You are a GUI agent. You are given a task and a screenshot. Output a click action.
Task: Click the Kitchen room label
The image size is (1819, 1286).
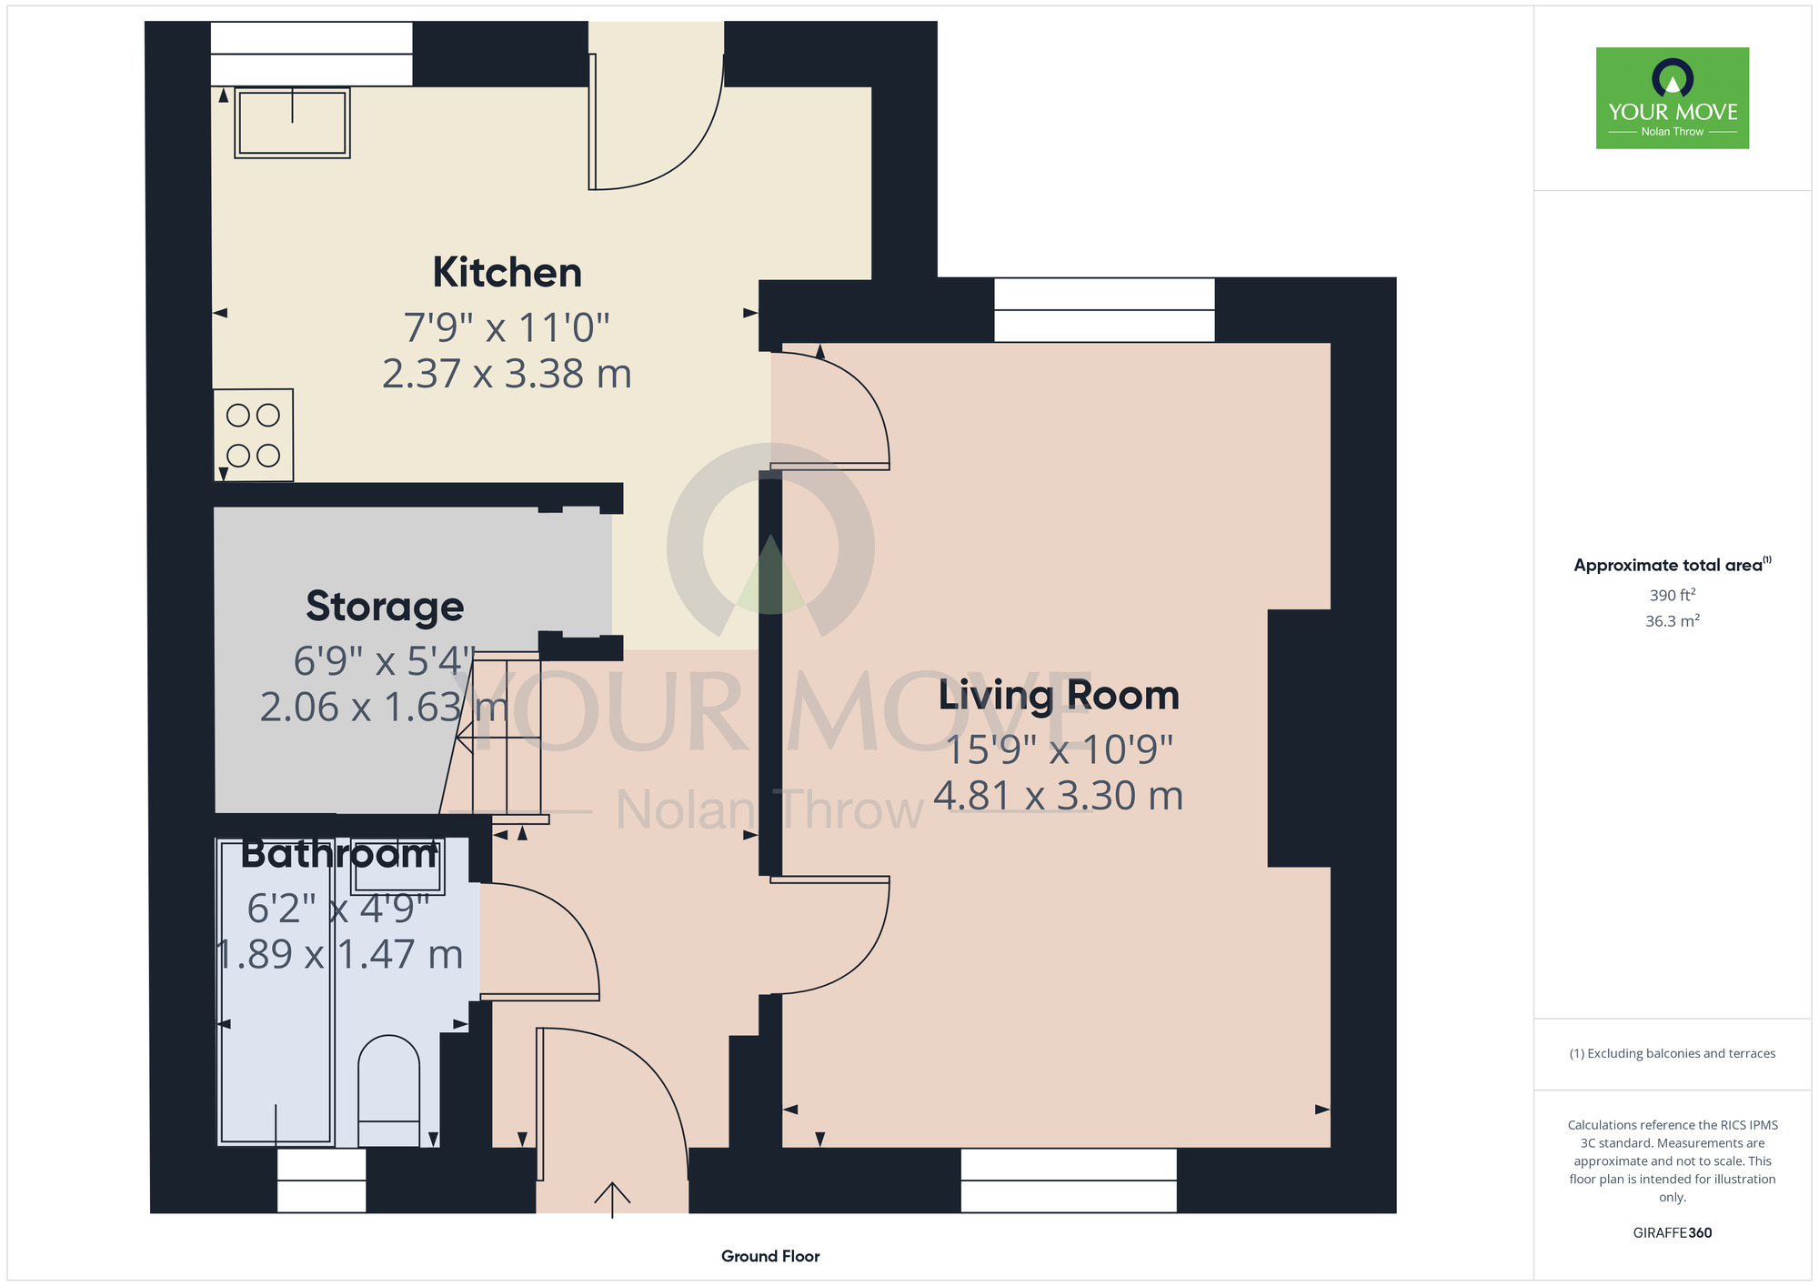[507, 272]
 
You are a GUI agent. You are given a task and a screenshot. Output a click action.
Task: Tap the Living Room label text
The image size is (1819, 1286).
[1059, 695]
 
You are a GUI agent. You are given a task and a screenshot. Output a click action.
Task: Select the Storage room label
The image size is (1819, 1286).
[385, 607]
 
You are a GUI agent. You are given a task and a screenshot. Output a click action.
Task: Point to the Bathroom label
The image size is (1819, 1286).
[339, 854]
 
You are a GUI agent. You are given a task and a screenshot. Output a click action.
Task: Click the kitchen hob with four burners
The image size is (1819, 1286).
[254, 435]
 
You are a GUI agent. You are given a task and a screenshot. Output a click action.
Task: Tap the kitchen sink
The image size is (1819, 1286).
[292, 123]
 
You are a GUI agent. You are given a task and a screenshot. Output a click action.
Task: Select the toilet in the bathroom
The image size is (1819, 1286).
[389, 1090]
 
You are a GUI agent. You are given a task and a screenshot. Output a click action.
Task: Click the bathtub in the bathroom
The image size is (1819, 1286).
[276, 991]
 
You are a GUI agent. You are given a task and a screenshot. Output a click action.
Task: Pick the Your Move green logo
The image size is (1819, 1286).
[1673, 98]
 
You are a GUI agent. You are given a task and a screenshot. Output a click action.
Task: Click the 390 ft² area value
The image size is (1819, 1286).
[1673, 595]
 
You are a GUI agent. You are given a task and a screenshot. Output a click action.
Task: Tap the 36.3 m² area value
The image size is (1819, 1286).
[1673, 621]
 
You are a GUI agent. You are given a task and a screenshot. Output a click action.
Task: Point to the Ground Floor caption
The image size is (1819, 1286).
[770, 1256]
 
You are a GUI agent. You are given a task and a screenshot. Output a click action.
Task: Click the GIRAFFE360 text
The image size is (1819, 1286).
[1673, 1233]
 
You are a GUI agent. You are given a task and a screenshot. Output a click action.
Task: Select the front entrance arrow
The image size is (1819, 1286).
[612, 1200]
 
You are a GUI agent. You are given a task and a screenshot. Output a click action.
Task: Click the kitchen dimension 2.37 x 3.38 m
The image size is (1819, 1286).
[507, 374]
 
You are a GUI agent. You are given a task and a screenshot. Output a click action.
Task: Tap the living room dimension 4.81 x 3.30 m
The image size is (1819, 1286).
[1059, 796]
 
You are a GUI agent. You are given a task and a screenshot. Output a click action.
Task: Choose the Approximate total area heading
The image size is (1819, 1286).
[1673, 565]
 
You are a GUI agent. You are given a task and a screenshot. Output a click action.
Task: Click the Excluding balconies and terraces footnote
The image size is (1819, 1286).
[1673, 1053]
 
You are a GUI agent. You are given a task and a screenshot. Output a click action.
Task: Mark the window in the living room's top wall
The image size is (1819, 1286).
[1104, 310]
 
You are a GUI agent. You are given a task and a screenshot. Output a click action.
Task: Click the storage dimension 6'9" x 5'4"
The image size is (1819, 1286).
[385, 661]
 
